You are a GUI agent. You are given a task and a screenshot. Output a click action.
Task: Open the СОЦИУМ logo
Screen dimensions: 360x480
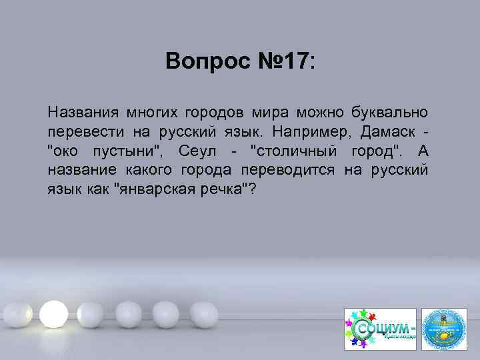point(379,329)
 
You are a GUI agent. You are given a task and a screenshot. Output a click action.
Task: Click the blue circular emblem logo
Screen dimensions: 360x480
point(445,328)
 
